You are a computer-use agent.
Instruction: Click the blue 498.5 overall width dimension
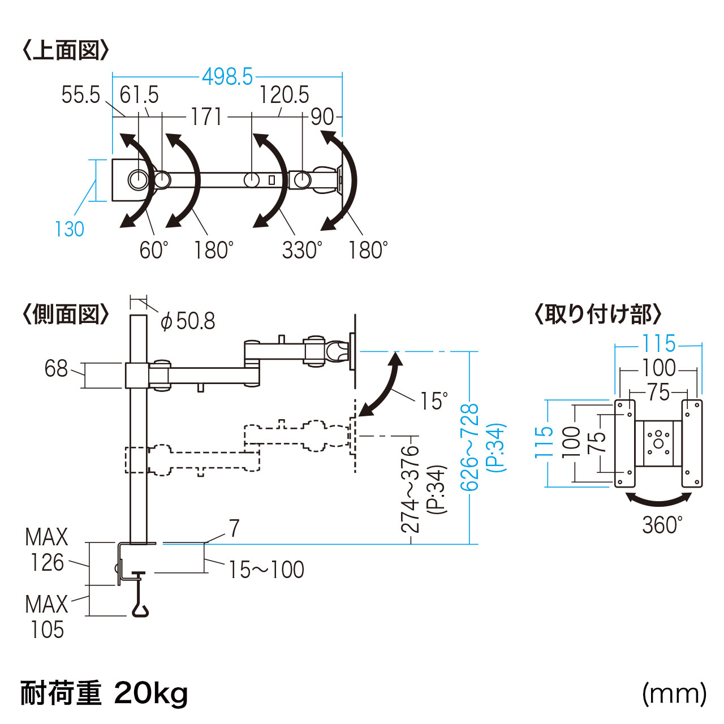click(227, 76)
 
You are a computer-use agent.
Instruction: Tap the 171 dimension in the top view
click(206, 117)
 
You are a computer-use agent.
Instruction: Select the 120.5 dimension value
click(284, 94)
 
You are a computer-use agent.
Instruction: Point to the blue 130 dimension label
click(69, 229)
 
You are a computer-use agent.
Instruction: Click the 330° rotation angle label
click(302, 249)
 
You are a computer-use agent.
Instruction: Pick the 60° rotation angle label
click(154, 249)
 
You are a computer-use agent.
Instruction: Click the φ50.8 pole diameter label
click(188, 321)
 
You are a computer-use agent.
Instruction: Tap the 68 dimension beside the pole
click(56, 369)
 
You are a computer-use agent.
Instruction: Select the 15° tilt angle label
click(434, 401)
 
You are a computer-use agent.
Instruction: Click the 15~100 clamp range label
click(266, 570)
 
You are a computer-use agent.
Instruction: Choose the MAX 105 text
click(47, 617)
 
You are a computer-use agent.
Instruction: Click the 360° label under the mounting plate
click(662, 525)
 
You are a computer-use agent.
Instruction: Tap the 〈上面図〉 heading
click(66, 50)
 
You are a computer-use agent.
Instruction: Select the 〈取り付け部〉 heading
click(598, 314)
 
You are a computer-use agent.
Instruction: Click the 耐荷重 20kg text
click(104, 693)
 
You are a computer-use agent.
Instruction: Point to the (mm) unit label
click(674, 693)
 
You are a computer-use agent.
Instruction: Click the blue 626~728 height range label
click(469, 447)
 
